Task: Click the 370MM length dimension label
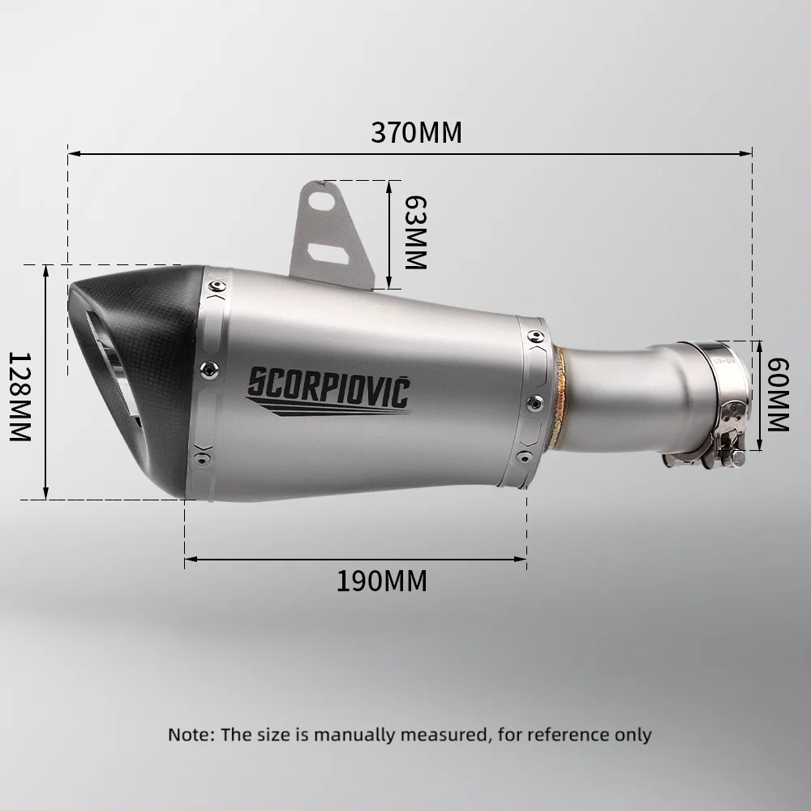tap(416, 132)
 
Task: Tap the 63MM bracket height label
tap(415, 232)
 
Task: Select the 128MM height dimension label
tap(20, 397)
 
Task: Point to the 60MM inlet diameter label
tap(778, 394)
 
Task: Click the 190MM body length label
tap(382, 581)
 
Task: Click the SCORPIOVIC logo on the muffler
tap(328, 391)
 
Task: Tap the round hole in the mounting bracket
tap(321, 200)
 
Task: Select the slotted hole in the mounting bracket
tap(328, 252)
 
